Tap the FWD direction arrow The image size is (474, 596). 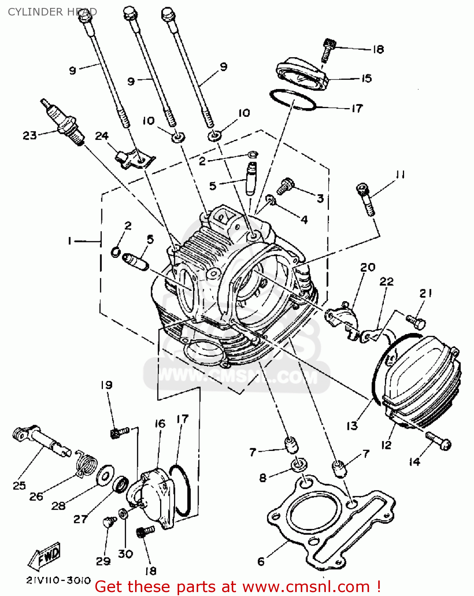tap(45, 555)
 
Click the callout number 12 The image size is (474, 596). tap(386, 445)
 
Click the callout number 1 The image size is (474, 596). tap(70, 241)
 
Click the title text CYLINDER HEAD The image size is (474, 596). tap(52, 12)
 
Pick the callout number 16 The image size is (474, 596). tap(160, 424)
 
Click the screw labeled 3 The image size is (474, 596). tap(285, 186)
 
